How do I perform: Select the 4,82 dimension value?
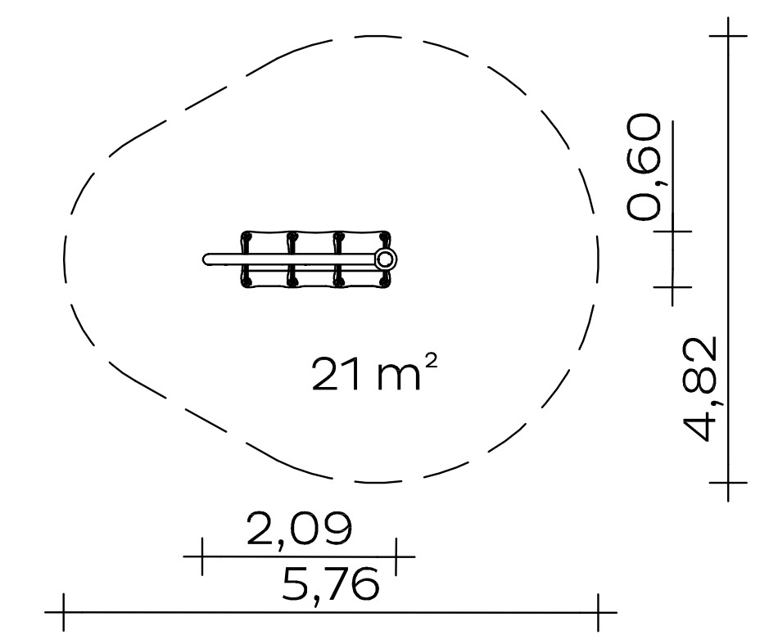coord(701,389)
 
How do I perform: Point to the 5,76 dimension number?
coord(331,585)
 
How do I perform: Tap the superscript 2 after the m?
coord(429,360)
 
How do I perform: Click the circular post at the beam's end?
coord(386,259)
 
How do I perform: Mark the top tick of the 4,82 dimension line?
coord(728,36)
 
